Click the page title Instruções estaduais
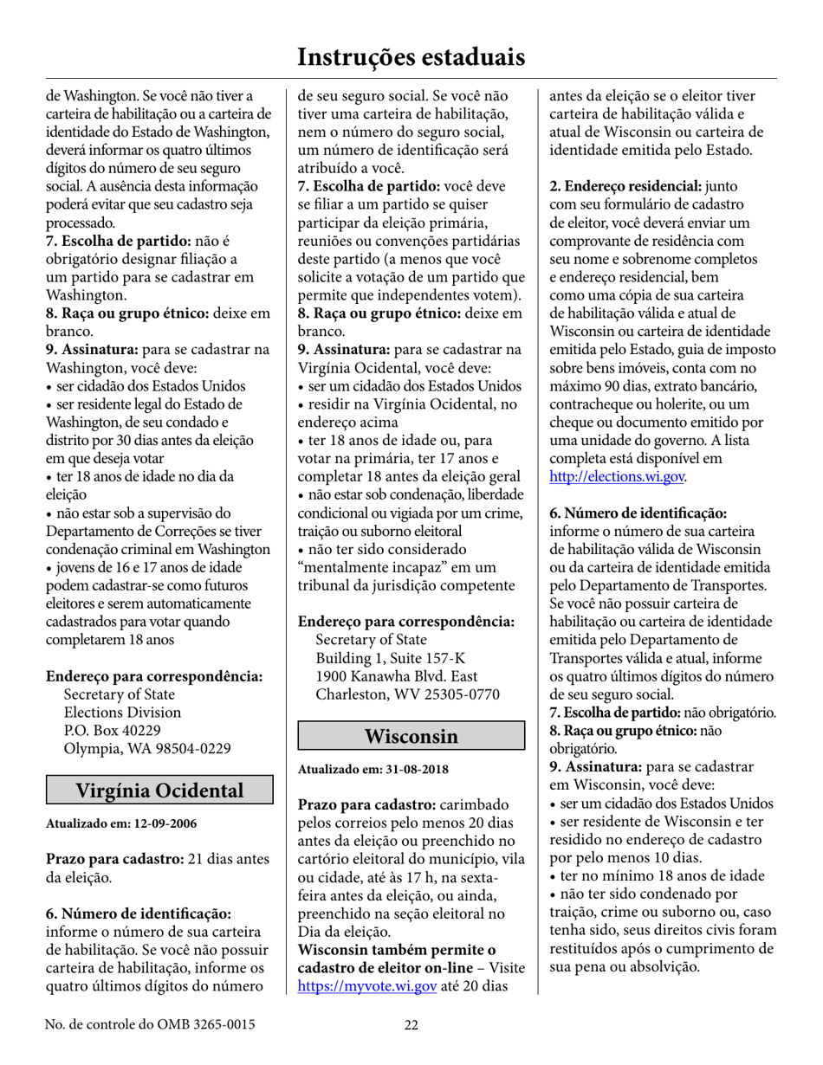(411, 57)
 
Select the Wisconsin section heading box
(411, 736)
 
